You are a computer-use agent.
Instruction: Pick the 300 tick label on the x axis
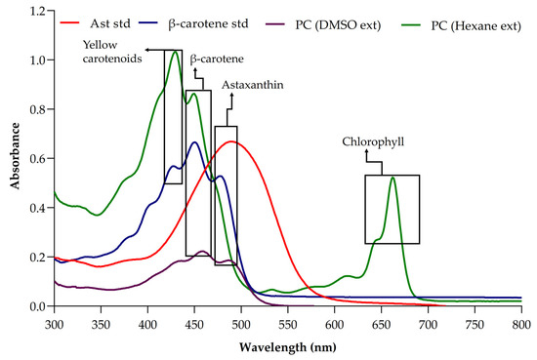[55, 322]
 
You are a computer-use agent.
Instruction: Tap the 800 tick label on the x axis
[521, 322]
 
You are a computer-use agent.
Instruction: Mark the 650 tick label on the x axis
[382, 322]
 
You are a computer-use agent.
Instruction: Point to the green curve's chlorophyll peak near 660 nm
[392, 177]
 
